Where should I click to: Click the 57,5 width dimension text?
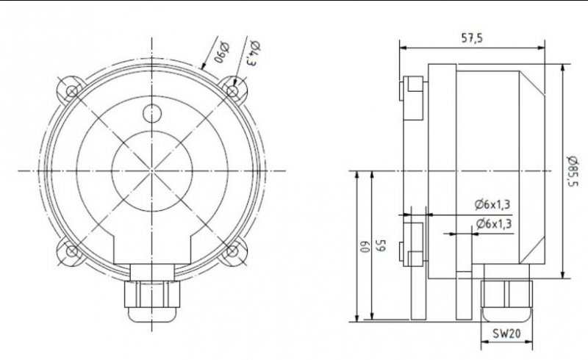tap(471, 38)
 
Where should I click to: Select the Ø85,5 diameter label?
tap(573, 171)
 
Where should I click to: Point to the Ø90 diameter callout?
tap(222, 53)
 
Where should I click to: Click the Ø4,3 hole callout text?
tap(253, 52)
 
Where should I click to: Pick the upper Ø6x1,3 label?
tap(492, 205)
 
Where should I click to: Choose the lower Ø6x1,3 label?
tap(494, 224)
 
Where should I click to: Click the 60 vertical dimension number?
tap(363, 248)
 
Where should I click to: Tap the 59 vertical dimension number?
tap(381, 245)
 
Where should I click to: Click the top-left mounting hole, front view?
tap(72, 91)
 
